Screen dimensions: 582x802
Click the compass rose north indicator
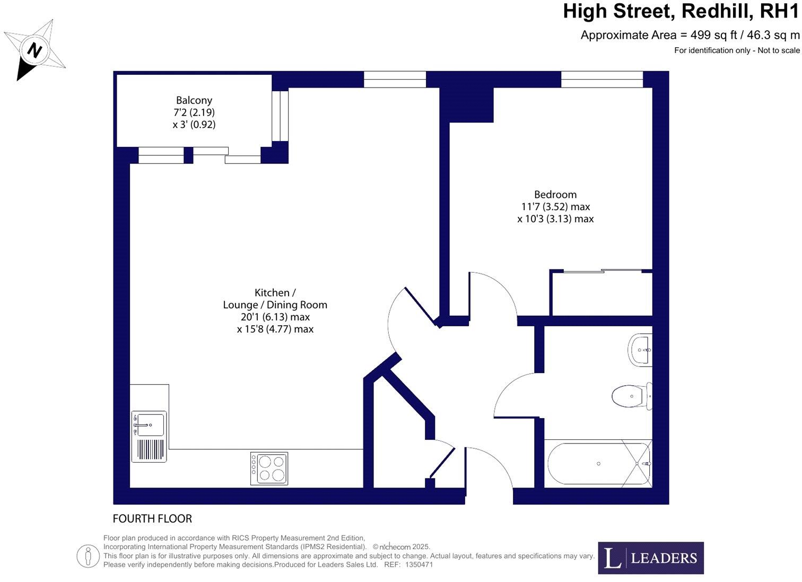35,50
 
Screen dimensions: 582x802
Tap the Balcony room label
194,112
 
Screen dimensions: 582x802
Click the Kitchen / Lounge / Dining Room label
275,310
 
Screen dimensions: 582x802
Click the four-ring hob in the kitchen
269,468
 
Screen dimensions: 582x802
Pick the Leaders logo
651,558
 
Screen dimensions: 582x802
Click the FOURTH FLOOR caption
153,518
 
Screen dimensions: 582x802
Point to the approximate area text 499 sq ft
690,35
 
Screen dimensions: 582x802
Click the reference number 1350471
419,564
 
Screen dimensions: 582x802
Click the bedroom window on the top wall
601,80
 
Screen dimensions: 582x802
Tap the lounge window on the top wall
395,80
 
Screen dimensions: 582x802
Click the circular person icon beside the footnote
88,556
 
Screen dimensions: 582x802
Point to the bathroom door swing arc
512,393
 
